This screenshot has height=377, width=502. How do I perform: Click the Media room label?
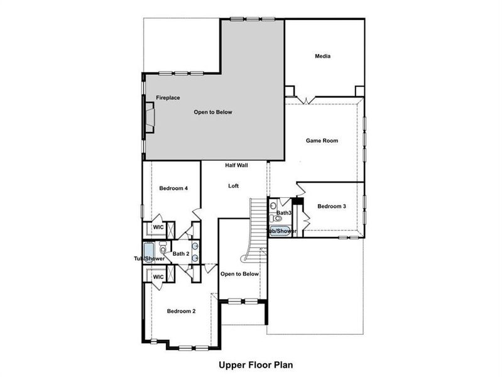[322, 57]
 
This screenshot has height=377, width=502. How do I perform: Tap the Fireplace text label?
[168, 98]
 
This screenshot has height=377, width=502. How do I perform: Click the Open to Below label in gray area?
[212, 112]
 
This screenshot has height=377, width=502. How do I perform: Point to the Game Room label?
[322, 141]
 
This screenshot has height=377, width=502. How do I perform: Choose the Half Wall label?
[237, 165]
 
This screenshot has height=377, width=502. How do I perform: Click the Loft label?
[233, 186]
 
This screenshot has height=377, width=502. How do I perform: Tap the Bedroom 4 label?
[173, 188]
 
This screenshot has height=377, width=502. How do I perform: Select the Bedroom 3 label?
[332, 206]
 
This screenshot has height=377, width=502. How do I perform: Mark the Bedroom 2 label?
[181, 311]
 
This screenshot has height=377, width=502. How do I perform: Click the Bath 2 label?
[181, 254]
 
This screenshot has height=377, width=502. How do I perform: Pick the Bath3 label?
[283, 214]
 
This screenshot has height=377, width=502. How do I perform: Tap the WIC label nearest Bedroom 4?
[158, 227]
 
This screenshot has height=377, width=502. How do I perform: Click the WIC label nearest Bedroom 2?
[158, 277]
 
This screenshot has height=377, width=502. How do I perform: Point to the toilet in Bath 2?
[163, 247]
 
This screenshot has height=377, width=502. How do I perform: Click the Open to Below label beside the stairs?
[239, 274]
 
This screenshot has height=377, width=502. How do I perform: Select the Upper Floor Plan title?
[256, 364]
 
